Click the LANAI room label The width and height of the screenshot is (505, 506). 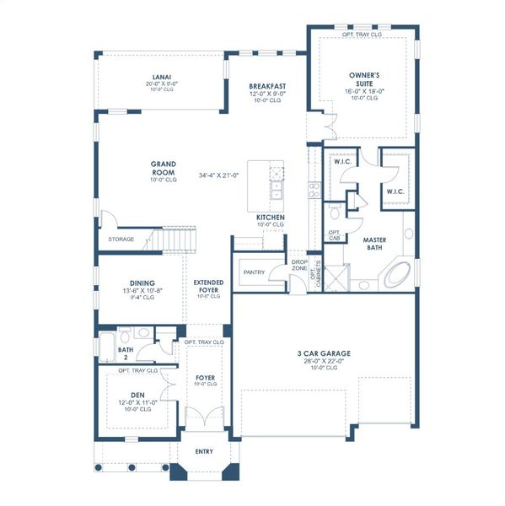pos(163,76)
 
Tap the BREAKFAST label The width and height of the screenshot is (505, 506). pos(267,86)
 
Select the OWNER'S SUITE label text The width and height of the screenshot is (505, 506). pos(364,78)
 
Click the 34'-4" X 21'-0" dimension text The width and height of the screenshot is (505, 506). pos(219,175)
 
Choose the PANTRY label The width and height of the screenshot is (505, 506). pos(254,273)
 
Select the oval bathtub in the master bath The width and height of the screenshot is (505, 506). pos(399,274)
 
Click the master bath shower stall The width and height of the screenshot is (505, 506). pos(337,277)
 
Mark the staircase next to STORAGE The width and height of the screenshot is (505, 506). pos(178,240)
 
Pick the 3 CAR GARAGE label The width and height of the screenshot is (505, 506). pos(324,353)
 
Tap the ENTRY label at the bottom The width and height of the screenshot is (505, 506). pos(204,451)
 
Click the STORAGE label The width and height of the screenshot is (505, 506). pos(121,240)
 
